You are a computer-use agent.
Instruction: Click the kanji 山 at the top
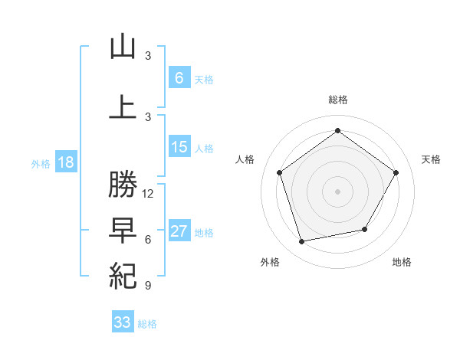pos(123,47)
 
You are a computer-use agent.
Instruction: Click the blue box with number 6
pos(179,77)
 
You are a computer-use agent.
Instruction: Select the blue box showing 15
pos(179,147)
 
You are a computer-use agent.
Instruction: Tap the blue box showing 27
pos(179,231)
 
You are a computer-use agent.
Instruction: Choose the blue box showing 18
pos(65,162)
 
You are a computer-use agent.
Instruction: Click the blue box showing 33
pos(123,322)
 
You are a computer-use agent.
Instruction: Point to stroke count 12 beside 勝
pos(148,194)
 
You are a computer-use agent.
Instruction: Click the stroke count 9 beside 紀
pos(148,286)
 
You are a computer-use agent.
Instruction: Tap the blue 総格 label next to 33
pos(147,324)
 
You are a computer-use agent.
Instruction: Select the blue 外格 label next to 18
pos(41,163)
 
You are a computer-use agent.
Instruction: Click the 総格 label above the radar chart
pos(337,100)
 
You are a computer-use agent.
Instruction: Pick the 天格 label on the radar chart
pos(432,159)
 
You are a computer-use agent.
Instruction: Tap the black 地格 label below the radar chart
pos(402,262)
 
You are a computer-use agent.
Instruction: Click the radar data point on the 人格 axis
pos(280,172)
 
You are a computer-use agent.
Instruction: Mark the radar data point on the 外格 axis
pos(302,241)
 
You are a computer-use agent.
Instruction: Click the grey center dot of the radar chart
pos(337,191)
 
